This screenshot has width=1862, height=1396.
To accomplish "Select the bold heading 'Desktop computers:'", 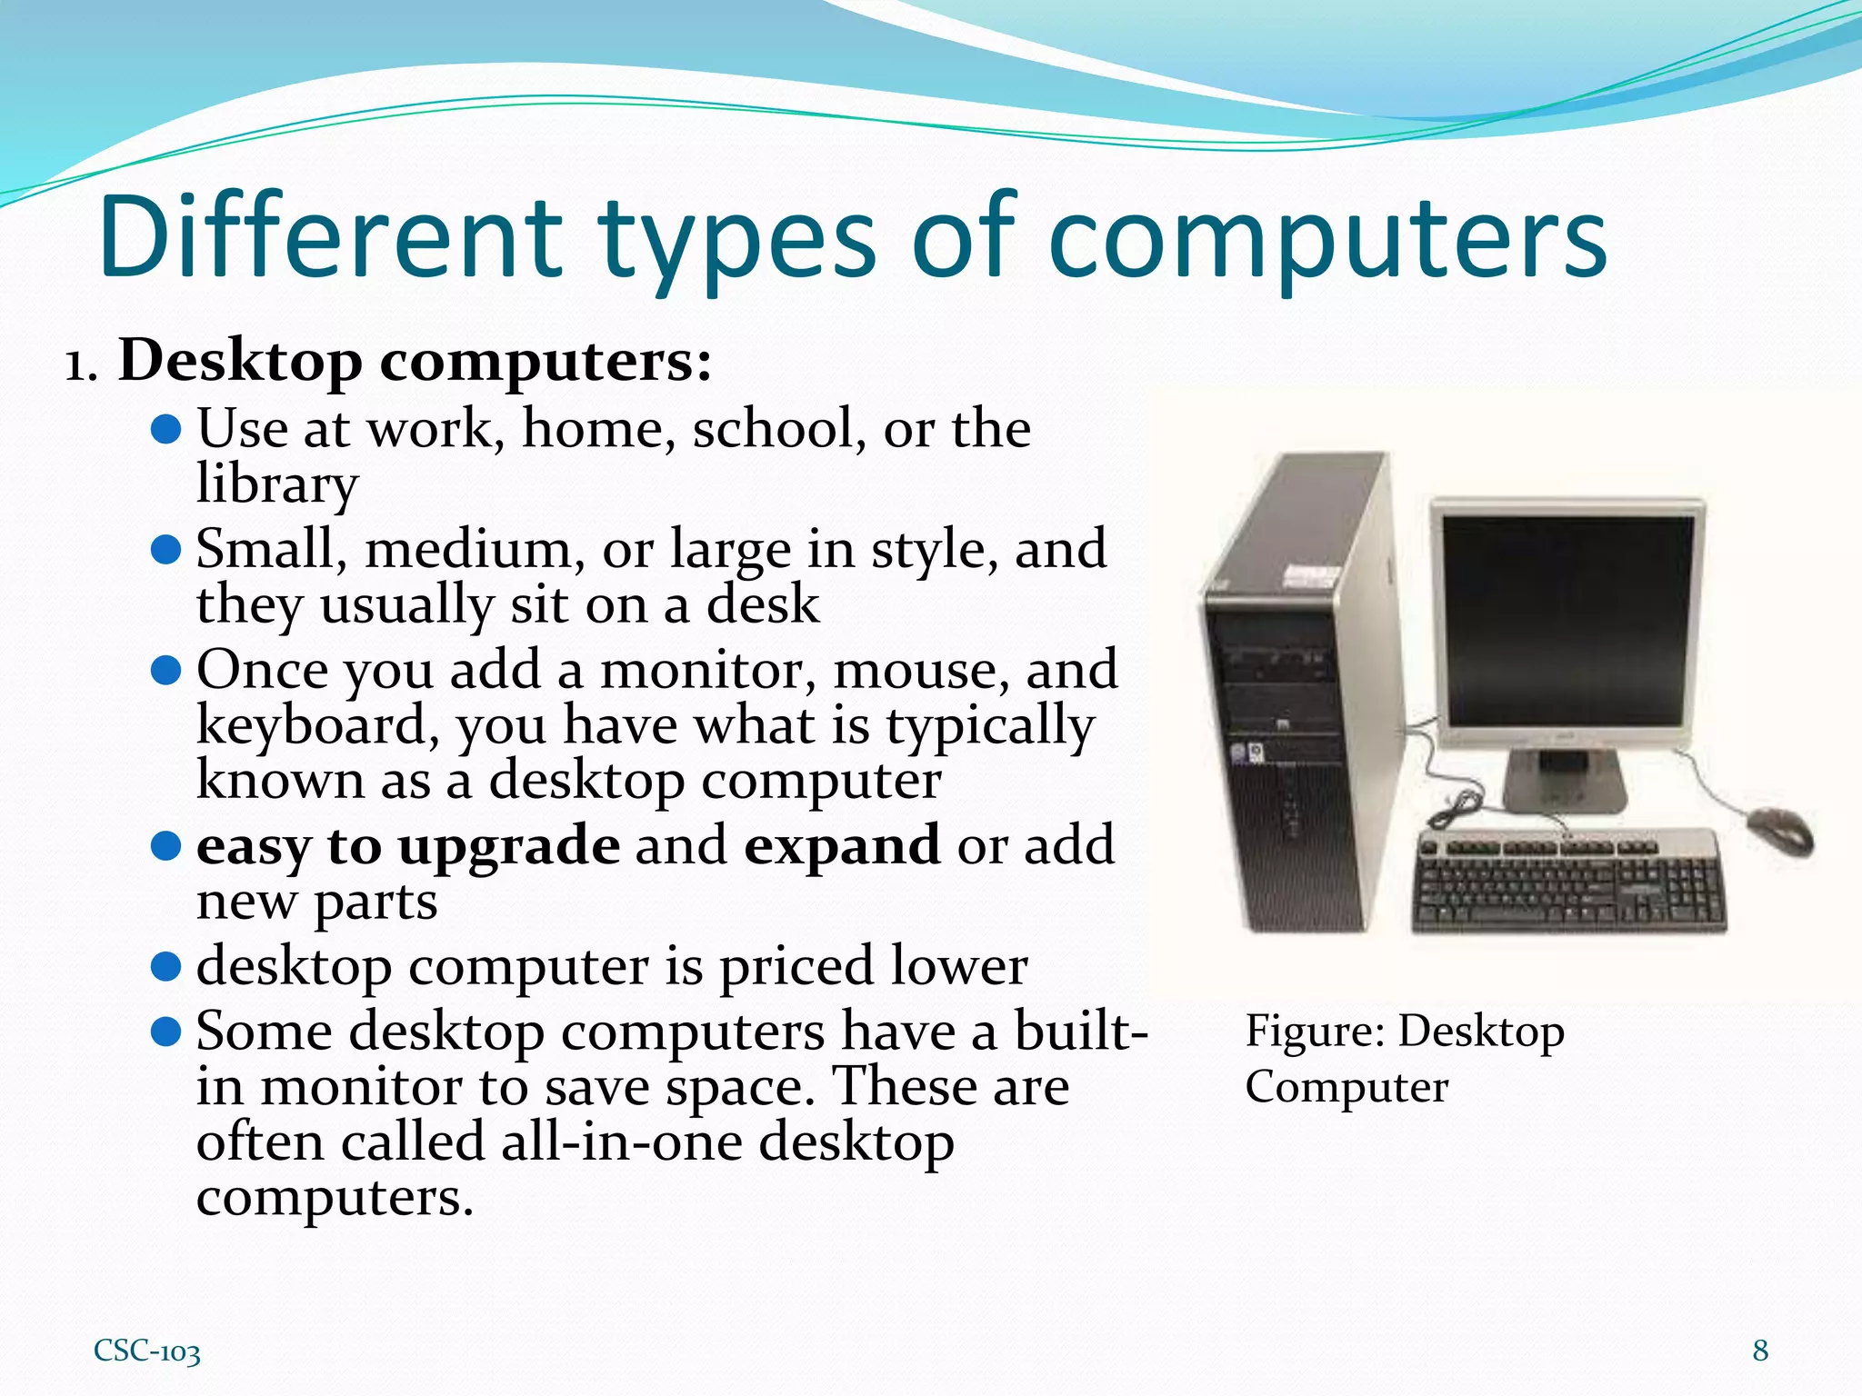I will click(x=415, y=361).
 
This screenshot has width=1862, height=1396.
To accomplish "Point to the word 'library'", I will click(x=277, y=484).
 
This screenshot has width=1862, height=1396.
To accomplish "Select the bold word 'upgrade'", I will click(x=509, y=845).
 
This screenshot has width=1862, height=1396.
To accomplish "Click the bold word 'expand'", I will click(x=842, y=845).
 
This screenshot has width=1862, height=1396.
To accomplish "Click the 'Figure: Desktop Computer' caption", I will click(x=1404, y=1058).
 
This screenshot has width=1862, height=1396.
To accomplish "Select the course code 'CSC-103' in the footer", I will click(x=147, y=1351).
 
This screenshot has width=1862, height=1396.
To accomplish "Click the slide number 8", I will click(x=1760, y=1351).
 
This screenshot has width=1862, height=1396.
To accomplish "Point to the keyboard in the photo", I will click(x=1568, y=879).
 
